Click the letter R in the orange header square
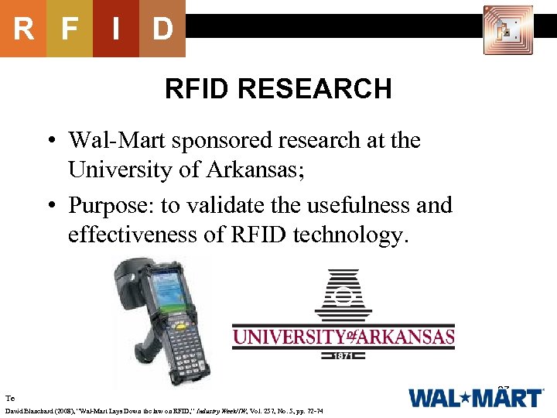pos(23,29)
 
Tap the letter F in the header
pos(70,29)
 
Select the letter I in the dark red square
pos(116,29)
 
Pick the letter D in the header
pos(162,29)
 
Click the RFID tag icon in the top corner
pos(508,30)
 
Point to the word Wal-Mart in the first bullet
pos(120,141)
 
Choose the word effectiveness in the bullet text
pos(140,234)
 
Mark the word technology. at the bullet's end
pos(349,235)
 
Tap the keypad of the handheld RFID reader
pos(186,352)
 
